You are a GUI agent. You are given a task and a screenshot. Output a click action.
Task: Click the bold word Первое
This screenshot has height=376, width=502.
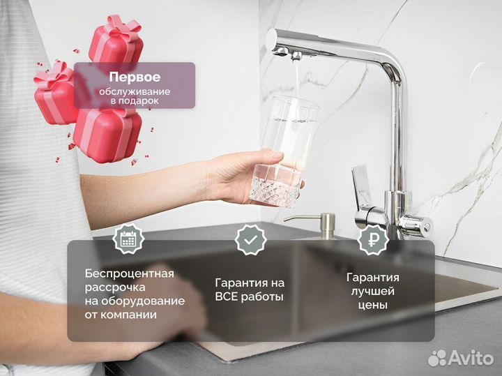coord(135,77)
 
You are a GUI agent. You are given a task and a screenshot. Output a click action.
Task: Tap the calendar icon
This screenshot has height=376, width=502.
coord(128,240)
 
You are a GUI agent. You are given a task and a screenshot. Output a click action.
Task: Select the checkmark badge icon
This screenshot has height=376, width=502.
coord(250,240)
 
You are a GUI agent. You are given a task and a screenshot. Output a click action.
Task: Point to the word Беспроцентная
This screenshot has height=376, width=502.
coord(130,273)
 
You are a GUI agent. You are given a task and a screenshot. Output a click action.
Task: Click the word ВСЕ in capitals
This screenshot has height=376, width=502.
coord(230,297)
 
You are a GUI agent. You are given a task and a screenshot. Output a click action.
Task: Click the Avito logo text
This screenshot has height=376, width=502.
coord(471,358)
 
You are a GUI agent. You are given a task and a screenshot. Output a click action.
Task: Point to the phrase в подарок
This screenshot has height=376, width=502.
coord(135,101)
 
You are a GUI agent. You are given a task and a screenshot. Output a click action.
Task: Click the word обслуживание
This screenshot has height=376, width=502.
coord(135,91)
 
